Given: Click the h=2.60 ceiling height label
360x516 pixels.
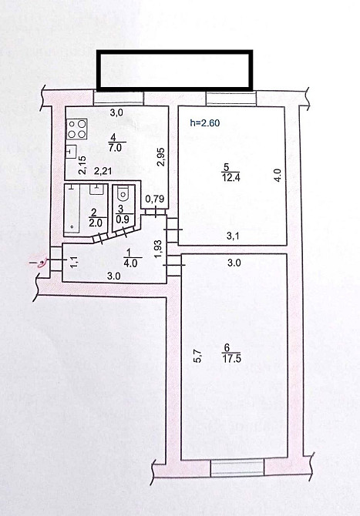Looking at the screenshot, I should tap(207, 121).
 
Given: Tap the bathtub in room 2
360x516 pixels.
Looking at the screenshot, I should tap(76, 208).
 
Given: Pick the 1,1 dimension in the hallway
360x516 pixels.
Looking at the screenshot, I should tap(75, 260).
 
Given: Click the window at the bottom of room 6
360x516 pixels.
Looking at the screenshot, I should tap(237, 467).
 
